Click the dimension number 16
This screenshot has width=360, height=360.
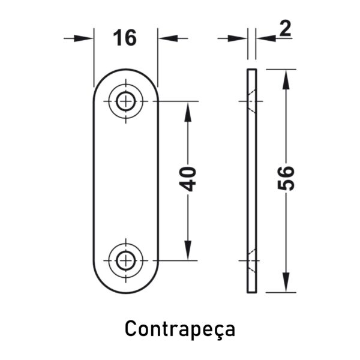[x=125, y=38]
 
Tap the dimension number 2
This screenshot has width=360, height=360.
[x=285, y=28]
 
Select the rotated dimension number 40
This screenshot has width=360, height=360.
[x=188, y=179]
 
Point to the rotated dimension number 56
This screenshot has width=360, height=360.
[x=286, y=178]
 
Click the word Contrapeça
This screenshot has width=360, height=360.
[x=180, y=329]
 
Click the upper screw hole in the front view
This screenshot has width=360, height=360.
[x=125, y=101]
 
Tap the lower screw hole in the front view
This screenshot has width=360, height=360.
[x=125, y=260]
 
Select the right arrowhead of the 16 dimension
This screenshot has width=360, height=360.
[x=168, y=38]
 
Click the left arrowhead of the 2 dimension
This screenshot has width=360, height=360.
[x=238, y=38]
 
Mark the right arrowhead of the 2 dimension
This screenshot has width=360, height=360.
[x=266, y=38]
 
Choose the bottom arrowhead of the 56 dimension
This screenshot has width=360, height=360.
[x=286, y=283]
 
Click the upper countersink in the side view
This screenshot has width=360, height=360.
[x=252, y=101]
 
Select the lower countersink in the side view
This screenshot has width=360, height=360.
[x=252, y=260]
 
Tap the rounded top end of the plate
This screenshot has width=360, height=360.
[x=125, y=70]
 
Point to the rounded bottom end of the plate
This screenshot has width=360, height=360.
[x=125, y=293]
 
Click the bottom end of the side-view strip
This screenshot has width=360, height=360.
[x=252, y=292]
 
